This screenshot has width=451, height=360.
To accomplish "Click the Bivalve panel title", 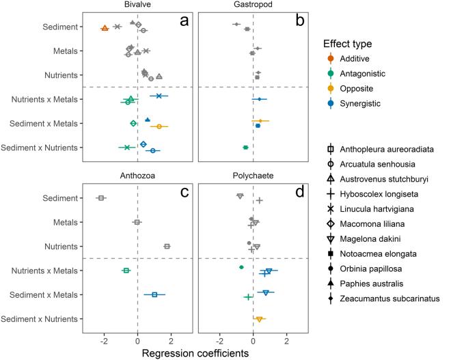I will coord(137,5).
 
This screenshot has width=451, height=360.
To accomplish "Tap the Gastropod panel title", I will coord(254,5).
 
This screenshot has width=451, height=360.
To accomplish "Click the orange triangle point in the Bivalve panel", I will coord(105,28).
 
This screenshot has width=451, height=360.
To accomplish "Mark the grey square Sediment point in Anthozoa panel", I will coord(100,198).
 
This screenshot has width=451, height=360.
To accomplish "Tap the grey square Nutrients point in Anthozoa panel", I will coord(167,246).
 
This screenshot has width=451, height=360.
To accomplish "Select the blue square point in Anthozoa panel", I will coord(154,294).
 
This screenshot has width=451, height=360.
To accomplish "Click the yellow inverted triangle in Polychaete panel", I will coord(259,319).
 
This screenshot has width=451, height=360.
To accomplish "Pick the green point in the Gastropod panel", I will coord(245,148).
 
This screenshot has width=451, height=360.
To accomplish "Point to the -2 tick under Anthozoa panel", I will coord(104,341).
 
